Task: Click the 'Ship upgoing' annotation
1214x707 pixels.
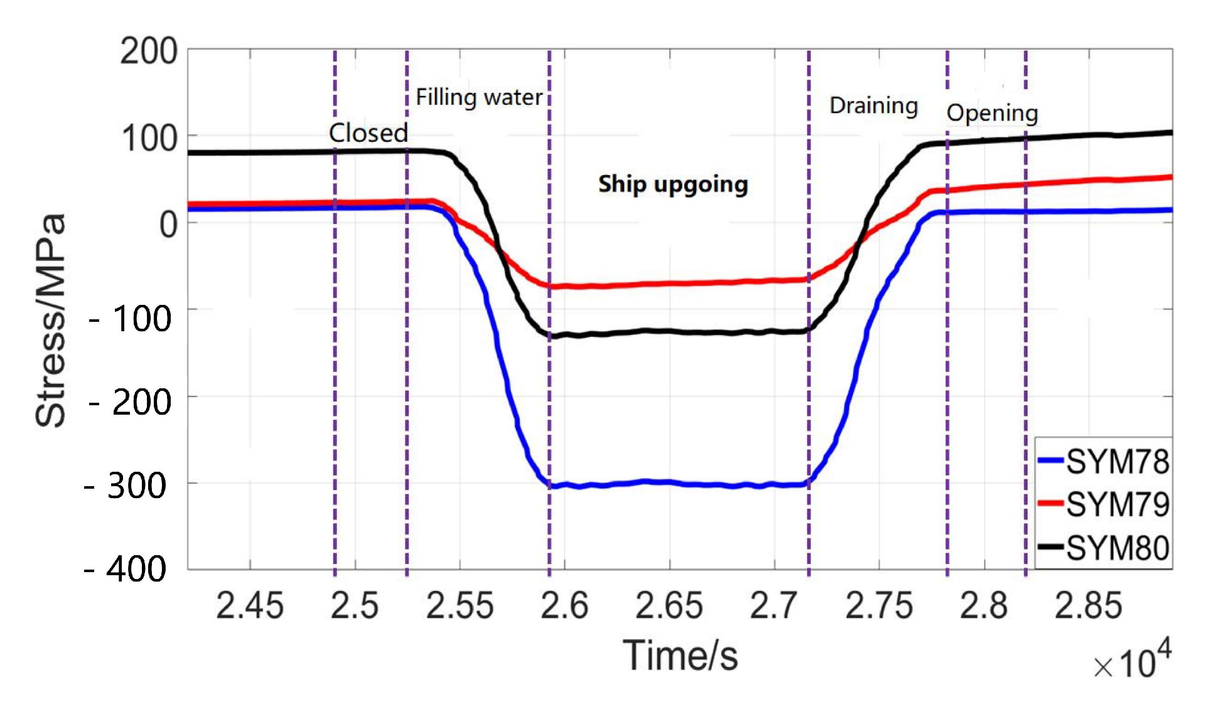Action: point(673,184)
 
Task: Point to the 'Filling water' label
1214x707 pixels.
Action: point(479,98)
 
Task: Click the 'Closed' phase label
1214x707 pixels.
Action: point(368,133)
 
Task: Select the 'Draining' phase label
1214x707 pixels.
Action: point(873,105)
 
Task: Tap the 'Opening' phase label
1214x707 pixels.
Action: point(992,114)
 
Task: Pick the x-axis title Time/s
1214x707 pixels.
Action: point(680,656)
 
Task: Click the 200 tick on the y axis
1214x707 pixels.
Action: point(149,51)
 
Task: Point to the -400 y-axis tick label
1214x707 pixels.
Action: point(126,569)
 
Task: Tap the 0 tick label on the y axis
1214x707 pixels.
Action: point(168,224)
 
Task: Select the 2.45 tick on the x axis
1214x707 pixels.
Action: point(250,606)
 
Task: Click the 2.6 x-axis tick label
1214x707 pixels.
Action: point(564,606)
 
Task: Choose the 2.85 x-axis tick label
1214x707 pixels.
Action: point(1088,606)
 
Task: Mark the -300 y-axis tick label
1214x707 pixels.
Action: point(126,486)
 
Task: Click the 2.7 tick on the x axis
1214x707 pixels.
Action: point(773,606)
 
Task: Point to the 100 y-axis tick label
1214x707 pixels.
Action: point(149,138)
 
